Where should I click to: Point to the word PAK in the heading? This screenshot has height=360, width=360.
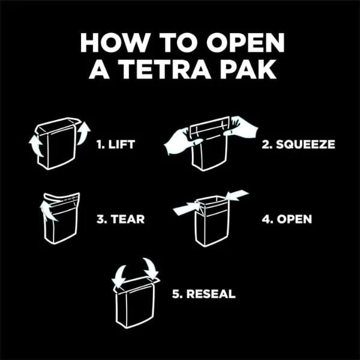248,69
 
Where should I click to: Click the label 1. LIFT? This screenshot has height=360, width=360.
115,145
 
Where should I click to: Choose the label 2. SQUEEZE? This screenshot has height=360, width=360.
298,145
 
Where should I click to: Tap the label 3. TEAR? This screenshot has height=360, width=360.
121,219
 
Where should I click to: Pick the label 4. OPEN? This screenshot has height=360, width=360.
287,219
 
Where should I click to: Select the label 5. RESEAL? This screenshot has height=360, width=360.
204,294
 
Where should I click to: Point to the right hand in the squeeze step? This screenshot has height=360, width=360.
241,127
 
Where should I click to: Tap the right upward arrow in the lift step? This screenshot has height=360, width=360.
83,133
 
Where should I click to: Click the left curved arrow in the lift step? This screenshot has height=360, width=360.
36,145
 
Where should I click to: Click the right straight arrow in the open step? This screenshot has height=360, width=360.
237,195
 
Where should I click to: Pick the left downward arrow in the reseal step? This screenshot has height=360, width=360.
119,276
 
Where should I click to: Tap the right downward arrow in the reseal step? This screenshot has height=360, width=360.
151,268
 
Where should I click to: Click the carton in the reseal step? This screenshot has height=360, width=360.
136,302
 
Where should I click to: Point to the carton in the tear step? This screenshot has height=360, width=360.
61,218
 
